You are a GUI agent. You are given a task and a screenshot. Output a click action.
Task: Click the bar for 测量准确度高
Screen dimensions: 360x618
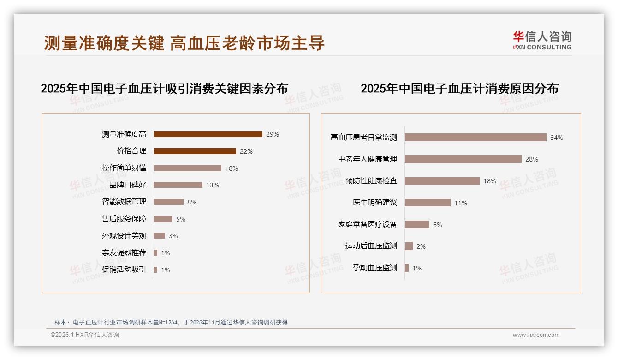pyautogui.click(x=208, y=134)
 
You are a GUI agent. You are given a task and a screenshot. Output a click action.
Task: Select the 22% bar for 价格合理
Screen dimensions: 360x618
pyautogui.click(x=195, y=151)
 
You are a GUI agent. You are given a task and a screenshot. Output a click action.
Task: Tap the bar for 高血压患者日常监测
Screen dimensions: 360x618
pyautogui.click(x=475, y=138)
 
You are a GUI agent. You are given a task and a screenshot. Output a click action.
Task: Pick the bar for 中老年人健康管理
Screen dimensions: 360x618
pyautogui.click(x=463, y=159)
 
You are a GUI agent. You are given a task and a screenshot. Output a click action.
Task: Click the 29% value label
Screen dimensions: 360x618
pyautogui.click(x=273, y=134)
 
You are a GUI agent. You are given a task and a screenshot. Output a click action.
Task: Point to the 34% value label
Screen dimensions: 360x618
pyautogui.click(x=556, y=138)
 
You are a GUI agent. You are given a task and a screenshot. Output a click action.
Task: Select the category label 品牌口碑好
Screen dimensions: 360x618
pyautogui.click(x=128, y=185)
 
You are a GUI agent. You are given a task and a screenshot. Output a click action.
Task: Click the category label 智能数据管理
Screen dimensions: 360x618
pyautogui.click(x=124, y=202)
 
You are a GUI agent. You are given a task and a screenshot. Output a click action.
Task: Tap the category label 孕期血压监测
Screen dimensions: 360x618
pyautogui.click(x=374, y=268)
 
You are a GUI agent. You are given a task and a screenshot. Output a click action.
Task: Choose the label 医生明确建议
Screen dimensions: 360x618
pyautogui.click(x=374, y=203)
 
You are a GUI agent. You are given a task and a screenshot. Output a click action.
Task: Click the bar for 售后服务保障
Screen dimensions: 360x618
pyautogui.click(x=163, y=219)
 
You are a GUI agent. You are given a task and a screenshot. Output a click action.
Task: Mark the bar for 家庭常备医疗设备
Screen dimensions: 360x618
pyautogui.click(x=417, y=224)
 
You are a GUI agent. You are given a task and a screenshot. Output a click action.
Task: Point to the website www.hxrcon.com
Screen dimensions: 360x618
pyautogui.click(x=536, y=335)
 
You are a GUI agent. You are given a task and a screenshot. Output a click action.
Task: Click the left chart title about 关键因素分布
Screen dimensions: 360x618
pyautogui.click(x=164, y=89)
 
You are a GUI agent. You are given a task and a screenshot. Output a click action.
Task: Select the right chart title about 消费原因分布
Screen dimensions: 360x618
pyautogui.click(x=459, y=89)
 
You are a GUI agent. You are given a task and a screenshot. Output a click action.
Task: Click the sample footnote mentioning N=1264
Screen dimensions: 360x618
pyautogui.click(x=171, y=322)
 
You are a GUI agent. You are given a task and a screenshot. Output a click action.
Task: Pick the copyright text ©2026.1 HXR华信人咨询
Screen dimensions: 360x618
pyautogui.click(x=84, y=335)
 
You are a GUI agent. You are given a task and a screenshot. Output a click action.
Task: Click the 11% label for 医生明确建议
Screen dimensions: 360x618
pyautogui.click(x=461, y=203)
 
